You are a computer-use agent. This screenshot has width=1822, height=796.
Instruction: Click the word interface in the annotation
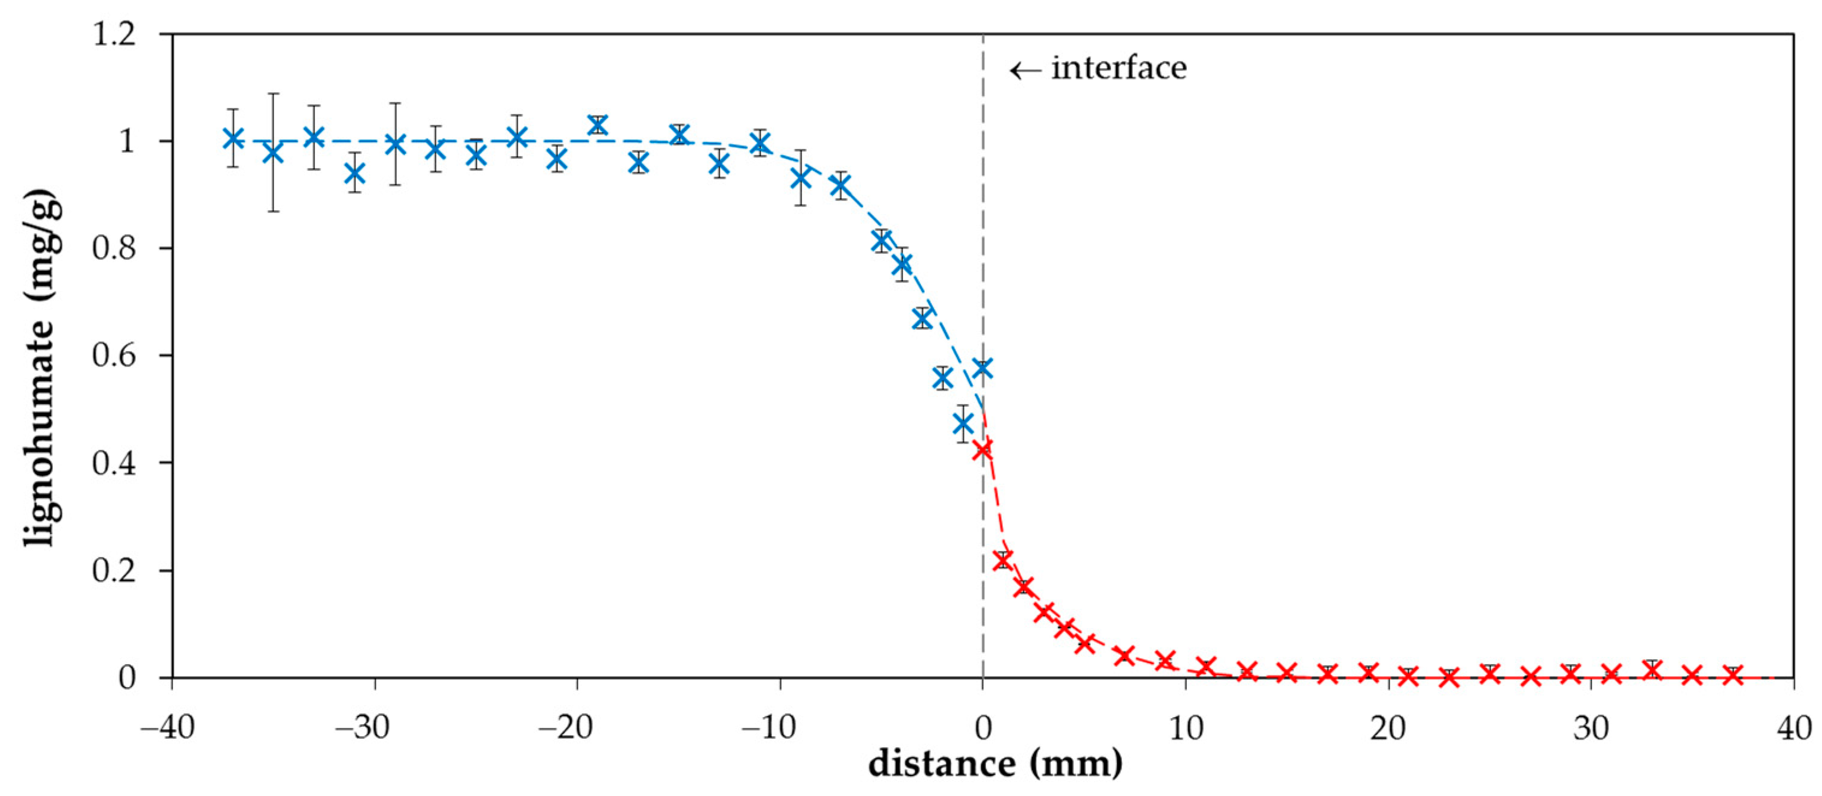click(1118, 69)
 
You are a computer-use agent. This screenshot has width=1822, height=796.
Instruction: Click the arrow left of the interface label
click(1025, 70)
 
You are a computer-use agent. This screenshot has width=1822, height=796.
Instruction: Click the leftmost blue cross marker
click(233, 138)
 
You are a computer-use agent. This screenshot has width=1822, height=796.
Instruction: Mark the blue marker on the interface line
click(983, 368)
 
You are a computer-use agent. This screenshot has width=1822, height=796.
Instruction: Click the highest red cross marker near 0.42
click(983, 449)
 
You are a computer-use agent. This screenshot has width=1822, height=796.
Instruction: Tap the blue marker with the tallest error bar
click(273, 153)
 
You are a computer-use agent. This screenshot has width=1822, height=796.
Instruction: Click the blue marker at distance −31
click(355, 173)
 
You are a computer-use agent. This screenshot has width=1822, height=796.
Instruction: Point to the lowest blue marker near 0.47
click(963, 424)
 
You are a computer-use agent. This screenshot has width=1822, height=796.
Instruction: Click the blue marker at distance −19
click(598, 125)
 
